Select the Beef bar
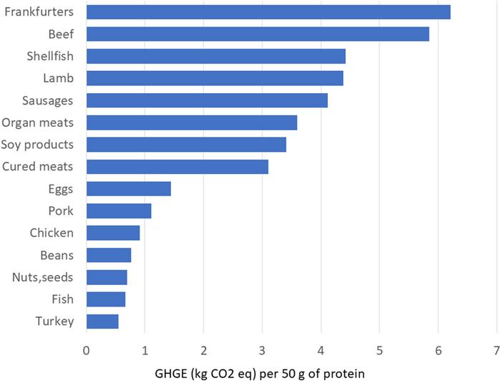[x=258, y=34]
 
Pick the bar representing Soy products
[x=186, y=145]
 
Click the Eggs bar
[x=129, y=189]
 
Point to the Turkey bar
[x=102, y=322]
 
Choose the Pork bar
[x=119, y=211]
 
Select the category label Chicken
[x=52, y=233]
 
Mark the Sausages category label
[x=48, y=100]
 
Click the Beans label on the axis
[x=56, y=255]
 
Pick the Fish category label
[x=62, y=299]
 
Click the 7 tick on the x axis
[x=496, y=350]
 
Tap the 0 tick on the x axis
[x=87, y=350]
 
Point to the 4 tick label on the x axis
[x=321, y=350]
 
